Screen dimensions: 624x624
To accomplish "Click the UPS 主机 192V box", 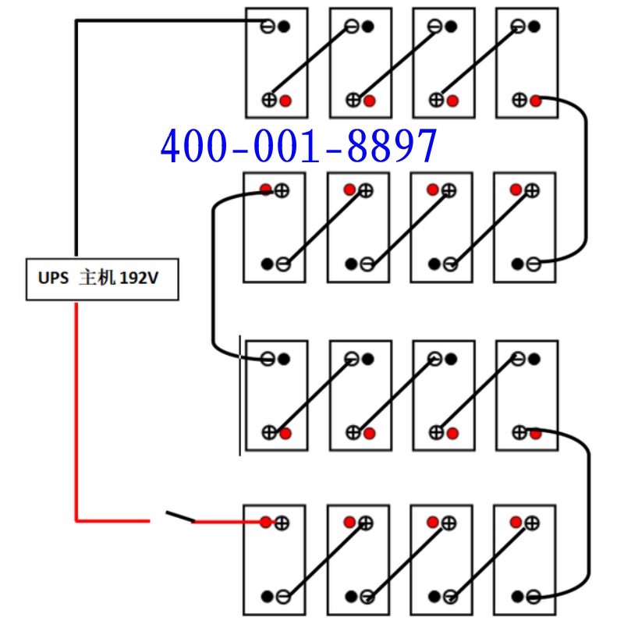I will click(102, 278).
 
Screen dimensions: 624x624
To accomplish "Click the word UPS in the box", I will click(52, 278).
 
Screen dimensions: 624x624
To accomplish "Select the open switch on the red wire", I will click(179, 516).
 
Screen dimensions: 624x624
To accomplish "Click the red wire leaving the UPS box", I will click(76, 406).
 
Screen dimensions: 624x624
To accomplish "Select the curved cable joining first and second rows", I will click(584, 179).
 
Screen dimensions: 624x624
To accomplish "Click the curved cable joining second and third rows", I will click(213, 273).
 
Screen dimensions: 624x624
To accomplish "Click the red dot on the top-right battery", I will click(535, 100).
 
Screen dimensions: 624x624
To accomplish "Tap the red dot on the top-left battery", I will click(285, 100).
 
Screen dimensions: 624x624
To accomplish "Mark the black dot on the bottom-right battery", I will click(518, 597).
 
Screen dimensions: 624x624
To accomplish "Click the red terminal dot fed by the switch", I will click(266, 522).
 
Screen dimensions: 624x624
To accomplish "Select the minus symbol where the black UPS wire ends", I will click(268, 27).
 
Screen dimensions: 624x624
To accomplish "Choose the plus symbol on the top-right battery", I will click(519, 100).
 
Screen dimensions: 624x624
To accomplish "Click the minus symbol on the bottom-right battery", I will click(533, 597).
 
